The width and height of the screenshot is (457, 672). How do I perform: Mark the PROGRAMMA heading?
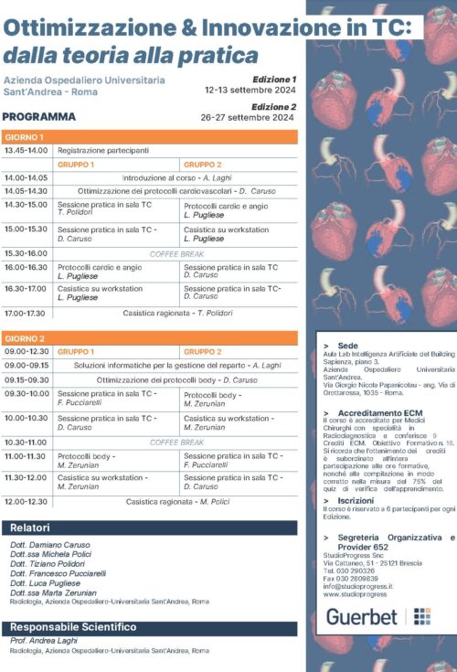(39, 117)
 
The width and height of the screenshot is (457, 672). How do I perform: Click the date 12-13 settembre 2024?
(250, 91)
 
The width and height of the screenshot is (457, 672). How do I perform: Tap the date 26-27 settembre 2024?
(250, 117)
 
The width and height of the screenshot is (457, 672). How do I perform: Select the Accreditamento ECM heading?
(374, 413)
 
